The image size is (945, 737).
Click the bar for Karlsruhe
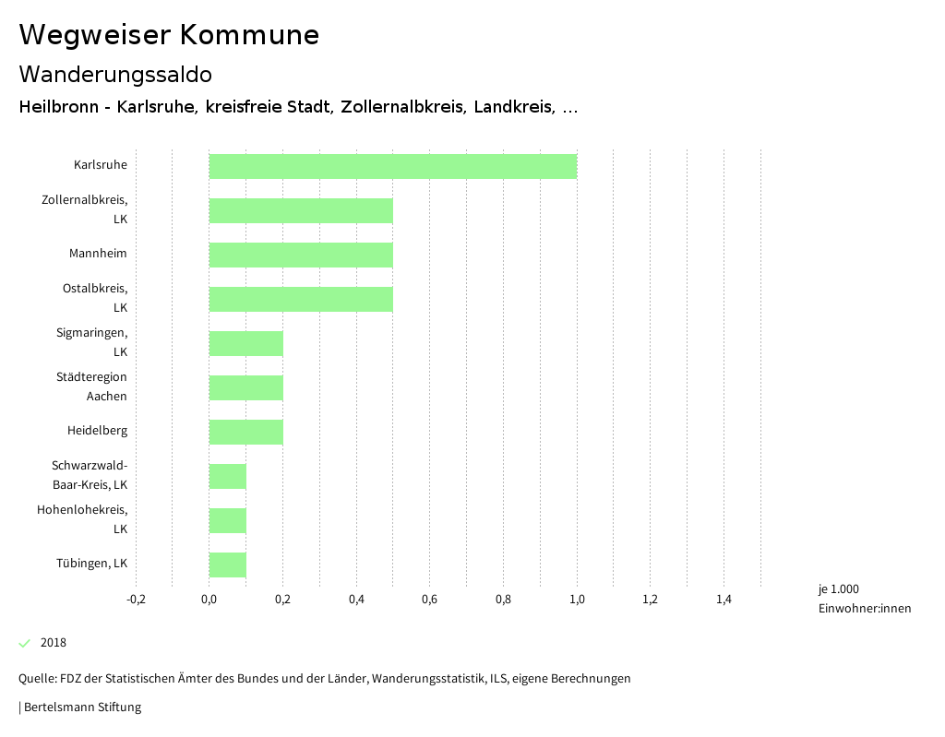(x=393, y=166)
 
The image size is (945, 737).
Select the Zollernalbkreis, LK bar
(x=301, y=210)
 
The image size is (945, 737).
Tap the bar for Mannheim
(x=301, y=255)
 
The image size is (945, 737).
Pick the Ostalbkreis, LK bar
(x=301, y=299)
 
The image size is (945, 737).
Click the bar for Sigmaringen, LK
(x=246, y=343)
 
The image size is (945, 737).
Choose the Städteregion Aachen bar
(x=246, y=387)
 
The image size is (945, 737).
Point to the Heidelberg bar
(x=246, y=432)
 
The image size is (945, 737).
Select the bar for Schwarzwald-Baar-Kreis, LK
(x=228, y=476)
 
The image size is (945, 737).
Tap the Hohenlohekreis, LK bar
(x=228, y=520)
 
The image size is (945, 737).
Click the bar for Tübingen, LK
(x=228, y=565)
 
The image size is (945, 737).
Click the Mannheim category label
(x=98, y=254)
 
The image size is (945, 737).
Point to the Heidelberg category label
(x=97, y=431)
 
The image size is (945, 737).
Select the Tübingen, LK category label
(x=91, y=564)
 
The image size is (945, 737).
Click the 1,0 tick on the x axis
(x=577, y=600)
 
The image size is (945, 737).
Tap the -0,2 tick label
(x=136, y=600)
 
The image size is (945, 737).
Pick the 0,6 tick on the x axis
(x=429, y=600)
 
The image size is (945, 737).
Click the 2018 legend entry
(x=53, y=643)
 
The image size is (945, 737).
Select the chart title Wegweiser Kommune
(x=169, y=35)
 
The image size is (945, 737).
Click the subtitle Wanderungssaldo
(x=115, y=74)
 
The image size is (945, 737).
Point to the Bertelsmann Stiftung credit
(x=81, y=707)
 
